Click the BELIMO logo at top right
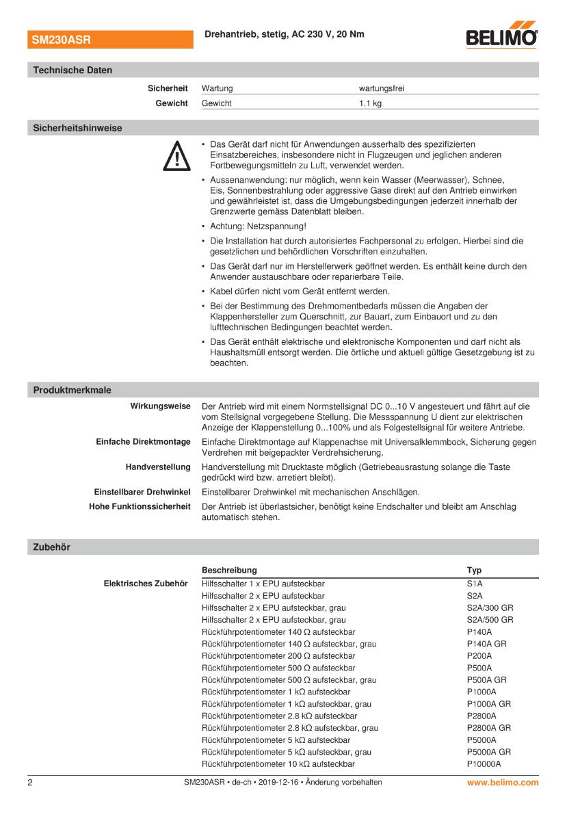click(x=501, y=38)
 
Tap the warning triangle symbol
click(x=176, y=156)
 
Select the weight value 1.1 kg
click(x=370, y=103)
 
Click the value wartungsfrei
click(x=386, y=88)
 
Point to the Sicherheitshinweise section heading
click(x=77, y=128)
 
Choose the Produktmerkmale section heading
click(x=72, y=390)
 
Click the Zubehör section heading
click(x=51, y=547)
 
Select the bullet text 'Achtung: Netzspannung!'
click(x=258, y=226)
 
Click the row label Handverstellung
click(x=158, y=467)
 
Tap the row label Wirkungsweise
click(x=160, y=406)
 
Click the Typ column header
click(x=474, y=570)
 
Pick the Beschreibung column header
click(x=229, y=570)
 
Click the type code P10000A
click(x=484, y=764)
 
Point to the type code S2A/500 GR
click(x=490, y=620)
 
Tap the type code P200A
click(x=479, y=656)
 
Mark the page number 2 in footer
click(x=30, y=782)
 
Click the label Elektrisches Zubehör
click(x=145, y=584)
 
